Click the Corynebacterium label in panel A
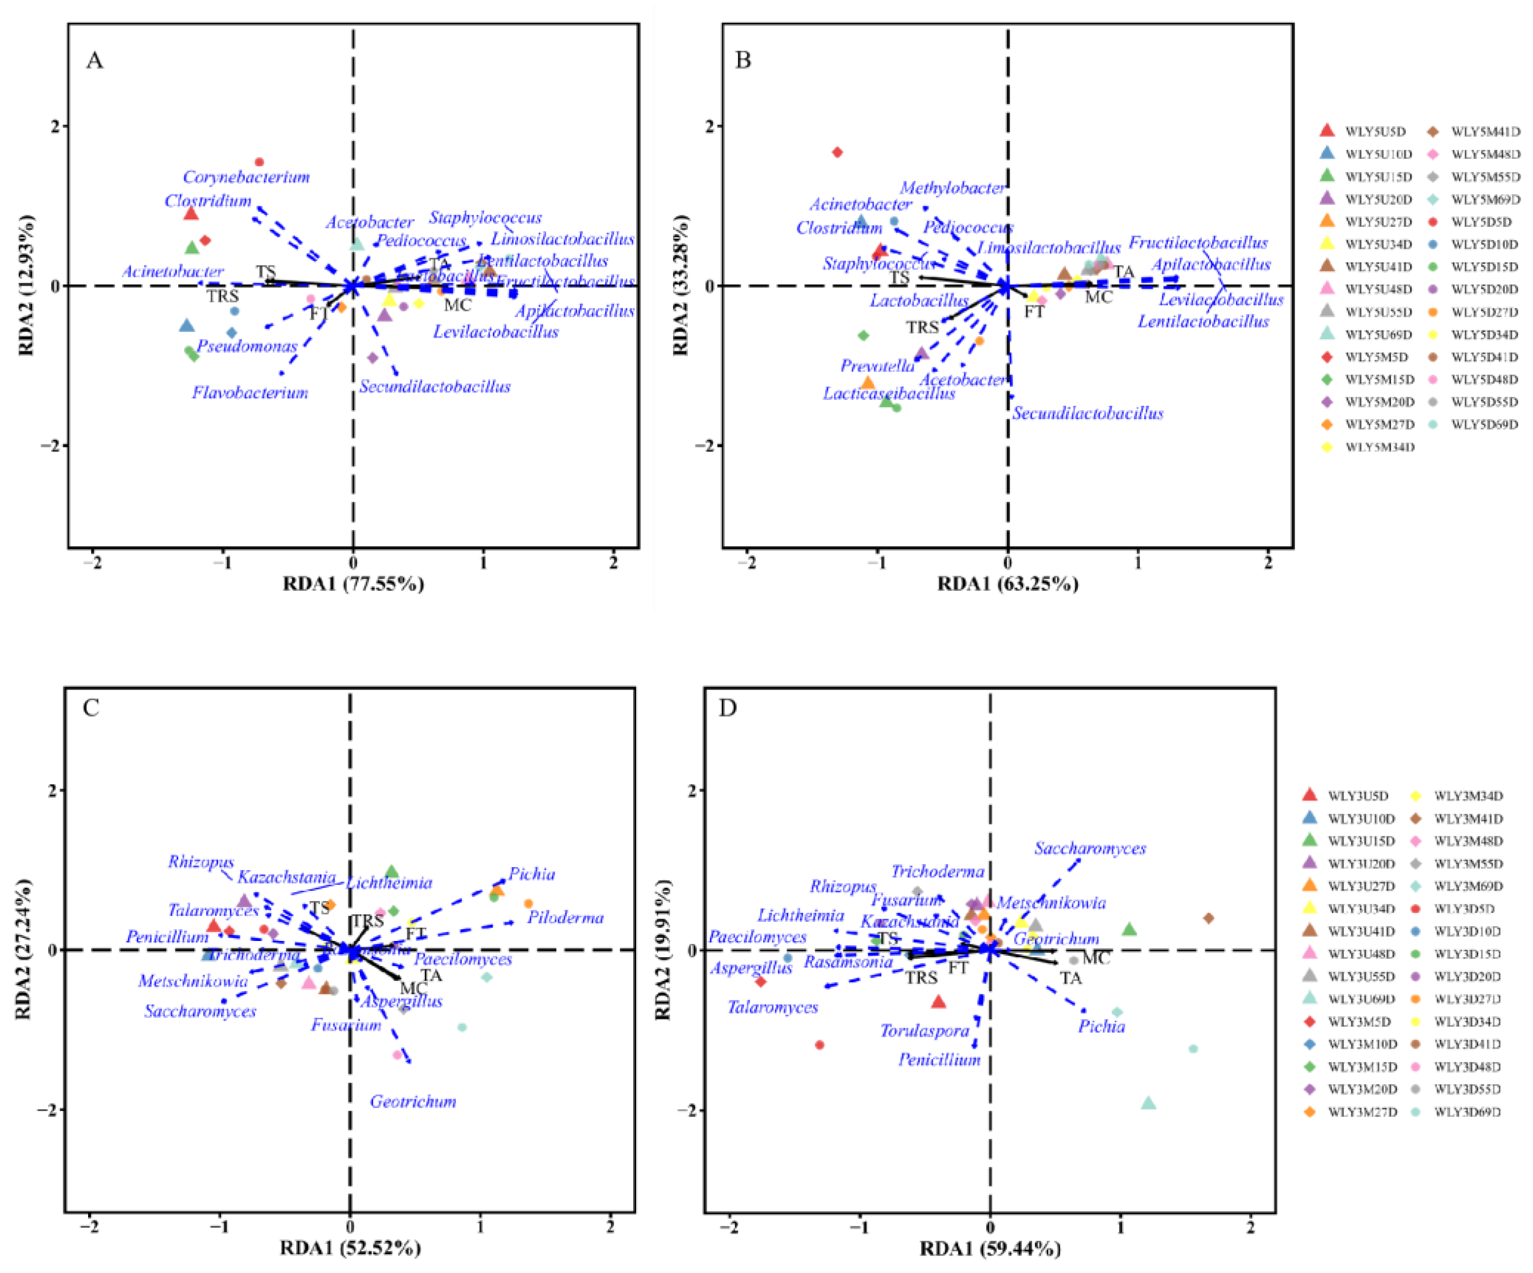(246, 177)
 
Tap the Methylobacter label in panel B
(952, 188)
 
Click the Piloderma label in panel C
(566, 917)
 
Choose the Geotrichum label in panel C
(413, 1101)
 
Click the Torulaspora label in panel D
(924, 1031)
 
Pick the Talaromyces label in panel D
(772, 1007)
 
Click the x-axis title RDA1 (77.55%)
(353, 583)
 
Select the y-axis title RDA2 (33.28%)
(681, 285)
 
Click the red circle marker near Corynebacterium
(258, 162)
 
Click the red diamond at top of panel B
(837, 152)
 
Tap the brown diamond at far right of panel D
(1208, 918)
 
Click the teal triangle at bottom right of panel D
(1148, 1103)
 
